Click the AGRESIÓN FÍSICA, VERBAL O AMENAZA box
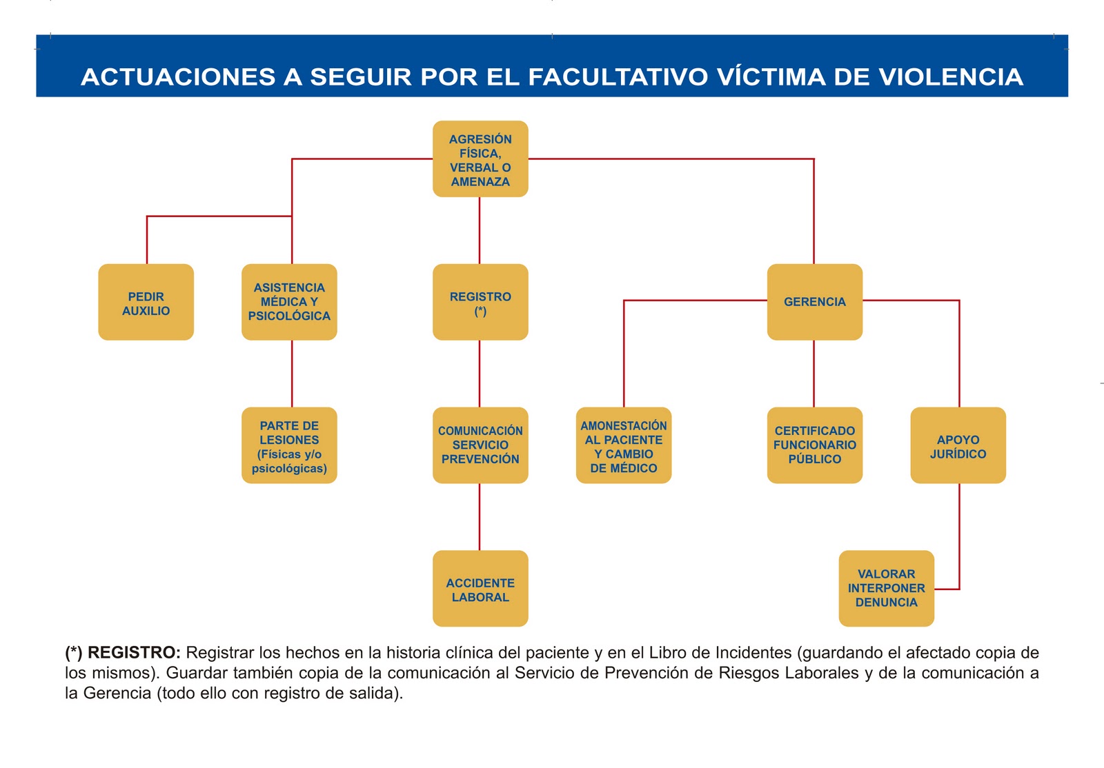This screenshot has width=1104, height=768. (x=480, y=159)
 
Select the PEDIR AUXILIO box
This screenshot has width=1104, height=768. (x=146, y=302)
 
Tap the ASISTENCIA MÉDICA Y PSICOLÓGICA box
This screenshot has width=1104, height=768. (x=289, y=302)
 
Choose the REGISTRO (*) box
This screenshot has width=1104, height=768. (x=480, y=302)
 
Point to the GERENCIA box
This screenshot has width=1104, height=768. (x=814, y=302)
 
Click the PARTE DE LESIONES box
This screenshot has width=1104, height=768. (x=289, y=445)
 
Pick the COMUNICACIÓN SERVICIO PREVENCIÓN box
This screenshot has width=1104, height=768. (x=480, y=445)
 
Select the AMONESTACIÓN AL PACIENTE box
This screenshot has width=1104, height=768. (x=624, y=445)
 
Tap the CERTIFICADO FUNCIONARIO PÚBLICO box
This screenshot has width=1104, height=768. (x=814, y=445)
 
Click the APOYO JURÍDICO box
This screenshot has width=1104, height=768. (x=958, y=445)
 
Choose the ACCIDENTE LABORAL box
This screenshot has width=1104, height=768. (x=480, y=589)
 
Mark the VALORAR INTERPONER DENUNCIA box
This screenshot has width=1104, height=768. (x=886, y=589)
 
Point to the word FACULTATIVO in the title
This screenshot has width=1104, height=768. (x=618, y=77)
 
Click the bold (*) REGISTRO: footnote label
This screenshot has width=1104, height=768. (x=123, y=653)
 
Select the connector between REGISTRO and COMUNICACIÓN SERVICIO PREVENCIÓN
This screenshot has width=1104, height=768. (x=480, y=374)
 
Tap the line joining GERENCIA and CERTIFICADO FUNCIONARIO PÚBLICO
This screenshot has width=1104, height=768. (x=814, y=374)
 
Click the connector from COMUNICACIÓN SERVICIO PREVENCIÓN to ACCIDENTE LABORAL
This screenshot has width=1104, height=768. (x=480, y=517)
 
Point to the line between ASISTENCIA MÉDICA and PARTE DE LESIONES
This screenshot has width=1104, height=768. (x=292, y=374)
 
